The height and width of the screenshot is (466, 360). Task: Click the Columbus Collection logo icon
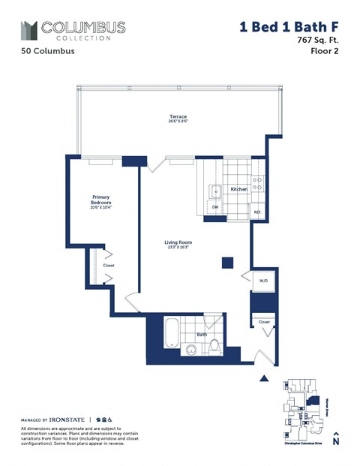coord(28,30)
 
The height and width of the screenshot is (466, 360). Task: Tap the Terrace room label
coord(177,118)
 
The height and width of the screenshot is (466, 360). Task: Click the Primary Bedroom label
coord(101,200)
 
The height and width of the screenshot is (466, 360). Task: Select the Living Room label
coord(179,242)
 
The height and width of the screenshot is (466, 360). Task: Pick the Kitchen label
coord(238,189)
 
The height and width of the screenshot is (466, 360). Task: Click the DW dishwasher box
coord(215,206)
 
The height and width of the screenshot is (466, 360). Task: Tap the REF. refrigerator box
coord(256,212)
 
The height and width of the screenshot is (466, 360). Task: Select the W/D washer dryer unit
coord(263,281)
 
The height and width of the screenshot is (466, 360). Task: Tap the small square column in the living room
coord(227,263)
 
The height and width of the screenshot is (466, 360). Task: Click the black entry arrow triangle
coord(262,380)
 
